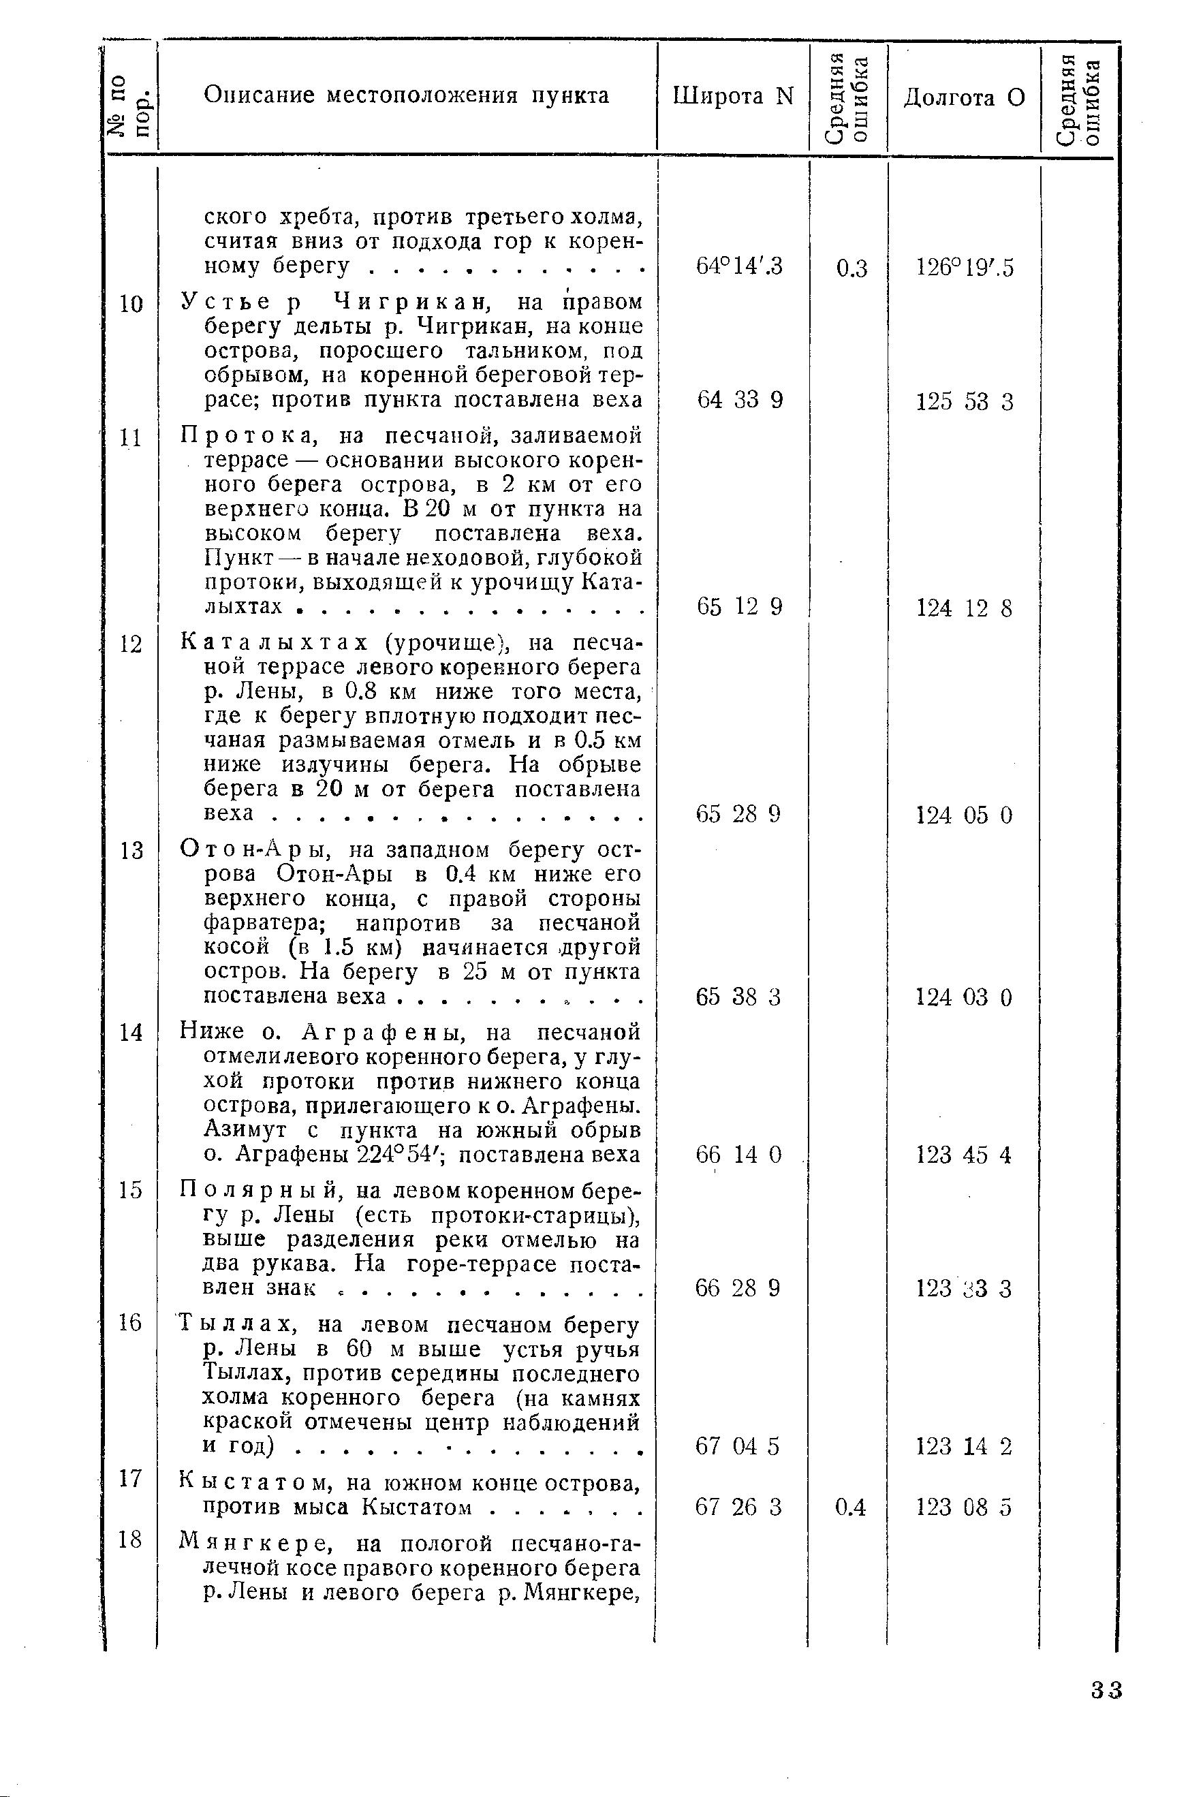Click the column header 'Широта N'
point(733,97)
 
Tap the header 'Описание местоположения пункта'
point(407,96)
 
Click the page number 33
point(1107,1690)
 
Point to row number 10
point(131,304)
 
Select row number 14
point(131,1032)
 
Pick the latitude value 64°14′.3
point(739,266)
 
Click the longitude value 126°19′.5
point(965,268)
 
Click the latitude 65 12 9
point(740,607)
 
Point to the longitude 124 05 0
point(965,815)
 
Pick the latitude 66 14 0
point(738,1154)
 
